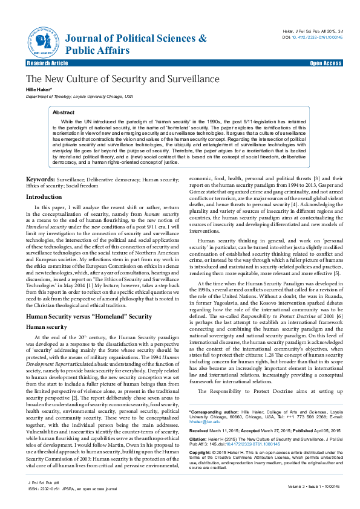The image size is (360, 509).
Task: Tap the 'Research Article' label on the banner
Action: pos(48,63)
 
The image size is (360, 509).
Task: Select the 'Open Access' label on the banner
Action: pos(326,63)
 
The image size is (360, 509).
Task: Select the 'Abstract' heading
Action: pos(64,112)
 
